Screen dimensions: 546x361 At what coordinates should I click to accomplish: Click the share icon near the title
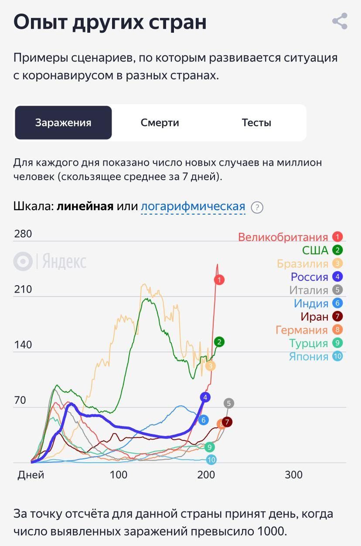340,21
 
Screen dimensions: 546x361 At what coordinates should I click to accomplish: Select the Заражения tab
63,123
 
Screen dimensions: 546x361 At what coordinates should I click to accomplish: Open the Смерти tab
160,123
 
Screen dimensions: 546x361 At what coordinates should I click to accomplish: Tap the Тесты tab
256,123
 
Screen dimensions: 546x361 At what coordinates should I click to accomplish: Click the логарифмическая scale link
193,206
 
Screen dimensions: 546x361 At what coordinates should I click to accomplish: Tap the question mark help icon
257,207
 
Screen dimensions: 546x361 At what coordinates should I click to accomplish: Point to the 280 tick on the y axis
23,234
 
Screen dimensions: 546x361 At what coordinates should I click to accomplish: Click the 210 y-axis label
23,289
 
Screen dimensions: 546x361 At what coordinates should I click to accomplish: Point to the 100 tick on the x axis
119,474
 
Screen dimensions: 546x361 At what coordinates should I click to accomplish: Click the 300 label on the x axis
293,474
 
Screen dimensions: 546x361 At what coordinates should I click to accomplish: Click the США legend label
315,250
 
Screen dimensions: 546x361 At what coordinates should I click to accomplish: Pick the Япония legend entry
308,357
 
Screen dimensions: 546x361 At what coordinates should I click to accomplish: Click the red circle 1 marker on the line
219,280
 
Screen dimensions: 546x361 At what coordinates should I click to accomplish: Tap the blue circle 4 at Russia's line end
205,397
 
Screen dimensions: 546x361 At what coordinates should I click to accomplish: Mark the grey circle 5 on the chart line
228,403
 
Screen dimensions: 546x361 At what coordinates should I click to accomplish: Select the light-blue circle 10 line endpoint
211,460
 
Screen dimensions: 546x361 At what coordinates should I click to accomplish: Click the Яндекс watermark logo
50,262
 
